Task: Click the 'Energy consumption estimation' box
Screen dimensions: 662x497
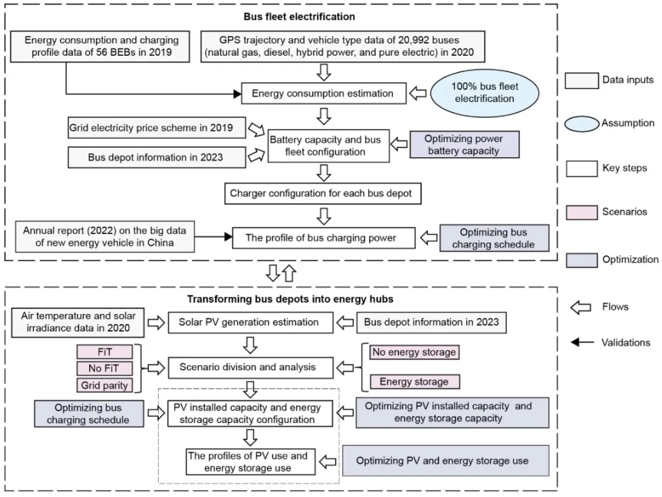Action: pos(324,93)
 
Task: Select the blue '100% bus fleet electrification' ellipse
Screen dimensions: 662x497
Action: pos(485,93)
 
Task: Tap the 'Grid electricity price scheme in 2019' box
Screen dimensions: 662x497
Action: pos(157,128)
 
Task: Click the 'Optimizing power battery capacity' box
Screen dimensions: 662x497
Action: pos(464,145)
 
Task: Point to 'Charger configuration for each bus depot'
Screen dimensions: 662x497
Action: pos(323,193)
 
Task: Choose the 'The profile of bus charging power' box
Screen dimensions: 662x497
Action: pos(324,238)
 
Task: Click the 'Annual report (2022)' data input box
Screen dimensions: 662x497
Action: pos(105,237)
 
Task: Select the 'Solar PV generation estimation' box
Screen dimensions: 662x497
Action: pos(251,322)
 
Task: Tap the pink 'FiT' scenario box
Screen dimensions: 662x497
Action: pos(104,352)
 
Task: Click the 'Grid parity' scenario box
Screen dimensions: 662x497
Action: pos(104,385)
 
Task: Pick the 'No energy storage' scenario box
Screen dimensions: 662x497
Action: pos(414,352)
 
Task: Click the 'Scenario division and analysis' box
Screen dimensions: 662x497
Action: pos(251,367)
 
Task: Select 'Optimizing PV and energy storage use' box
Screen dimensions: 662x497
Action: pos(446,461)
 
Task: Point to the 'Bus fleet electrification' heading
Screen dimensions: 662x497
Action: pos(299,17)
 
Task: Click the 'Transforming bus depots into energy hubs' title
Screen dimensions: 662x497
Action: pos(290,299)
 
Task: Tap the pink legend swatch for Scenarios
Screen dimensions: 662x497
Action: pos(582,212)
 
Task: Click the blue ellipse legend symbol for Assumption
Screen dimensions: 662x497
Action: pos(582,124)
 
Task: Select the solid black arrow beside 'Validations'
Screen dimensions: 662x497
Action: pos(582,342)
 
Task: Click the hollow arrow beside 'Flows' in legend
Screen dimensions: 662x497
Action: pos(580,308)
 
